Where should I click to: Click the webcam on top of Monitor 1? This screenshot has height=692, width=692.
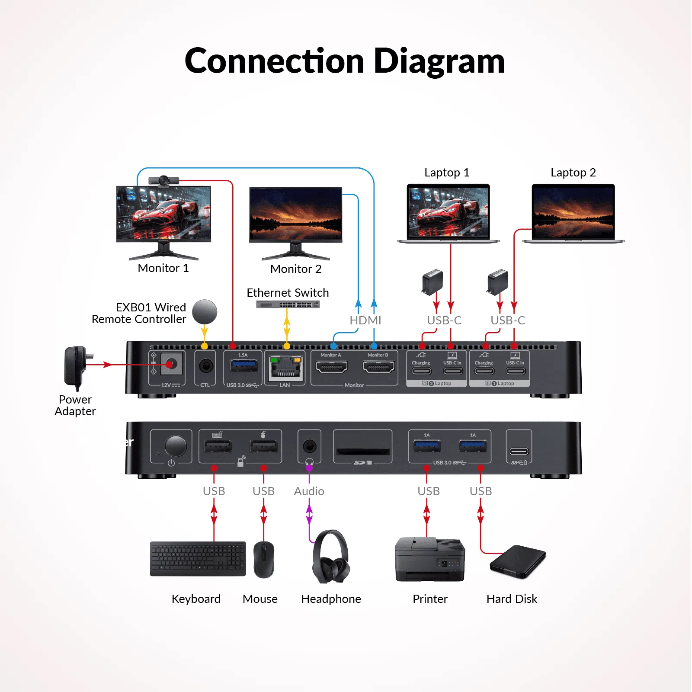[163, 180]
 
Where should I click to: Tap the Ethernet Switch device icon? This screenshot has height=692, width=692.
[288, 304]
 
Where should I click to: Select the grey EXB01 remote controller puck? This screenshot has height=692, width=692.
[205, 312]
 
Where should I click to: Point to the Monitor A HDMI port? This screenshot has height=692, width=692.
[332, 367]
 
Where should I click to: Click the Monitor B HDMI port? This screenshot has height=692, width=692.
[378, 367]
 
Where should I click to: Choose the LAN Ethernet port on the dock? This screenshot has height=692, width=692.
[285, 368]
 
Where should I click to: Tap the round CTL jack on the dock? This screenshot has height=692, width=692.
[206, 366]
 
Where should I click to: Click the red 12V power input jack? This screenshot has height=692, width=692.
[171, 365]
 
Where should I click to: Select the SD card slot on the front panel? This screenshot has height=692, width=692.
[363, 451]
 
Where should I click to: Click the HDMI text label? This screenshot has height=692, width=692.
[365, 320]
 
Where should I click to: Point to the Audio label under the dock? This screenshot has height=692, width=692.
[309, 491]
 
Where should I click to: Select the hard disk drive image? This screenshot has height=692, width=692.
[518, 562]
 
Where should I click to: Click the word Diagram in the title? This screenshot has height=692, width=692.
[439, 61]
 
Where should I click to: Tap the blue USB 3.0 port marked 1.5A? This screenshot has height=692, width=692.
[244, 366]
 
